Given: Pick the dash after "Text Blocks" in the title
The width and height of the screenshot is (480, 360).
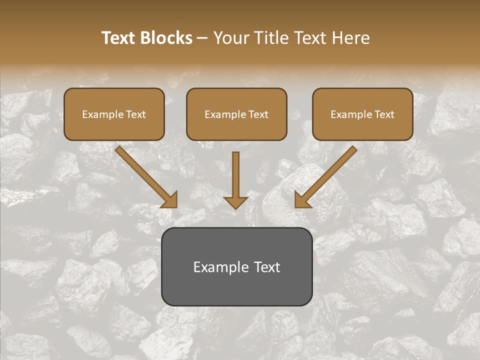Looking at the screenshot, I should [x=203, y=38].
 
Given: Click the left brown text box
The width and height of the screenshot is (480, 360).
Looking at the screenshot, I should [x=114, y=114].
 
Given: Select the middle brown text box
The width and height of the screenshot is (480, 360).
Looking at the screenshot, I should [x=236, y=114].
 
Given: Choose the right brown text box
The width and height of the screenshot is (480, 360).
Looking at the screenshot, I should [x=362, y=114].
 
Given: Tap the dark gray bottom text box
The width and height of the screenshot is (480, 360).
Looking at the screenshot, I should [x=236, y=266].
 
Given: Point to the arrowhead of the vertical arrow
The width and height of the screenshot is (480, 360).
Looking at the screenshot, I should [x=235, y=202].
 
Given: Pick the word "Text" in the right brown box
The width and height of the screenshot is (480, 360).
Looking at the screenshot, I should [x=385, y=114].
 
